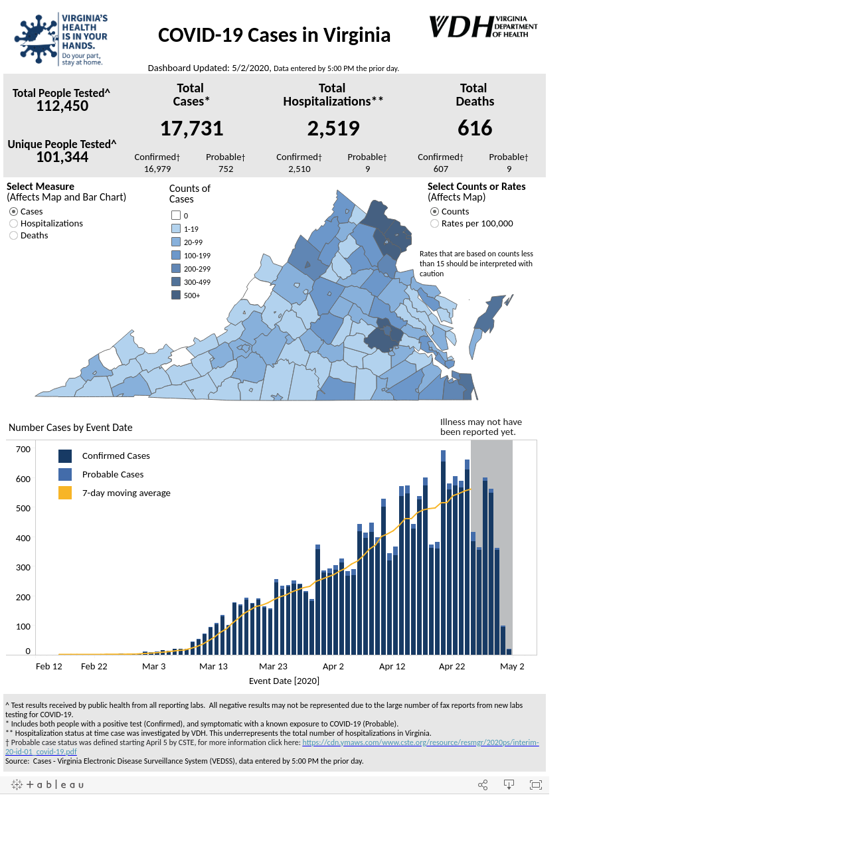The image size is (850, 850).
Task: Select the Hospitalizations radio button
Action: click(x=14, y=224)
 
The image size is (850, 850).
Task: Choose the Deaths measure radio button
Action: click(x=14, y=236)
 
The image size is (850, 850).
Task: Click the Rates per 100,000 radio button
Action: click(x=434, y=224)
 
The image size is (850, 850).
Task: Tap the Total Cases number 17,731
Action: click(x=191, y=128)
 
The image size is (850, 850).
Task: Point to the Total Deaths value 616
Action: click(x=475, y=128)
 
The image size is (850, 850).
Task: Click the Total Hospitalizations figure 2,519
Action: click(x=333, y=128)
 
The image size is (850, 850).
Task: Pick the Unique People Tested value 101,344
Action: click(x=62, y=157)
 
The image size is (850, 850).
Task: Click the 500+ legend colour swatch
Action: click(x=175, y=295)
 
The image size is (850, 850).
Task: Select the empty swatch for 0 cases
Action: click(x=175, y=215)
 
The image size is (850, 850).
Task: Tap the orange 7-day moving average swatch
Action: click(x=65, y=493)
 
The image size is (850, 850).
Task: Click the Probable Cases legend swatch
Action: click(x=65, y=474)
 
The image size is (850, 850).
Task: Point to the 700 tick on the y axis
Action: click(x=23, y=450)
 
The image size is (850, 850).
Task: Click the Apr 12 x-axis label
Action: click(x=392, y=666)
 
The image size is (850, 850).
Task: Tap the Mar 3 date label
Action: click(x=153, y=666)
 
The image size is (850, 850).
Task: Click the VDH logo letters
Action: click(x=462, y=27)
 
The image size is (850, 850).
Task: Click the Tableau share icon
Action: click(x=483, y=785)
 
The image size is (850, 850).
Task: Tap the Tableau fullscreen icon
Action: click(x=535, y=785)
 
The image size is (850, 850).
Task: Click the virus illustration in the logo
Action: click(x=36, y=39)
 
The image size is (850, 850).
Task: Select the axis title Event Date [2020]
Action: click(x=284, y=681)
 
